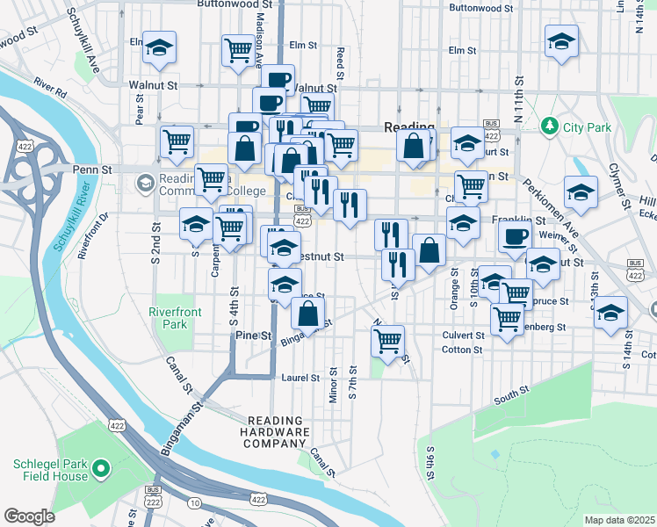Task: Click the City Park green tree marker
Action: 550,127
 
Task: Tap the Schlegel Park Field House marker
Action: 101,472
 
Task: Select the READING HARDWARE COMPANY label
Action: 278,432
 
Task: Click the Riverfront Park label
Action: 168,317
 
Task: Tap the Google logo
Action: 29,516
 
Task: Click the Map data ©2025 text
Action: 619,520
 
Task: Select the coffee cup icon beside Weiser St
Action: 515,235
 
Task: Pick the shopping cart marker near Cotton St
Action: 387,340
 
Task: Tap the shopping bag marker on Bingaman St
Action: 307,313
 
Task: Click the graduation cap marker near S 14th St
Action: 610,314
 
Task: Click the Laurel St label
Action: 300,379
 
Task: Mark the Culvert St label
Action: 463,336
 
